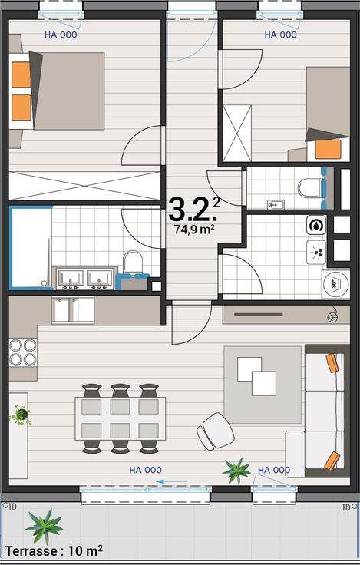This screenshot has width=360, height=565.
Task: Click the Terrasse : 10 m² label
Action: (54, 550)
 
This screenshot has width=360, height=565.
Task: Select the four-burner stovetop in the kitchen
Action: (23, 352)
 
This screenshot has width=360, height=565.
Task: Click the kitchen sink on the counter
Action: (73, 309)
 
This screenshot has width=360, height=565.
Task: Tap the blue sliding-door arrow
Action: (171, 481)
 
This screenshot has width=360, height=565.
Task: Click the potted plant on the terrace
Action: (44, 527)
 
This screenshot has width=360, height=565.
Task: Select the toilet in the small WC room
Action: (311, 188)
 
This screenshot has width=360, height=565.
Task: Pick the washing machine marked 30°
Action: (336, 284)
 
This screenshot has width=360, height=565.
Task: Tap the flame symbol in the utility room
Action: (316, 225)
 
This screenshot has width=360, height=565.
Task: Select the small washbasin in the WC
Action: (276, 205)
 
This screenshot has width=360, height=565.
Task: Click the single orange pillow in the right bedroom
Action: (328, 149)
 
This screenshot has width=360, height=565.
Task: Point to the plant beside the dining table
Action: (21, 415)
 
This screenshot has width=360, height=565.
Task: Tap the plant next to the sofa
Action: (236, 471)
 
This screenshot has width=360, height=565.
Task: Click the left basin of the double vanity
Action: (71, 278)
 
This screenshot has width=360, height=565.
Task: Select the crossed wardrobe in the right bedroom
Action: (237, 134)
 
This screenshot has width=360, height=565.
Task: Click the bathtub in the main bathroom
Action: (31, 247)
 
